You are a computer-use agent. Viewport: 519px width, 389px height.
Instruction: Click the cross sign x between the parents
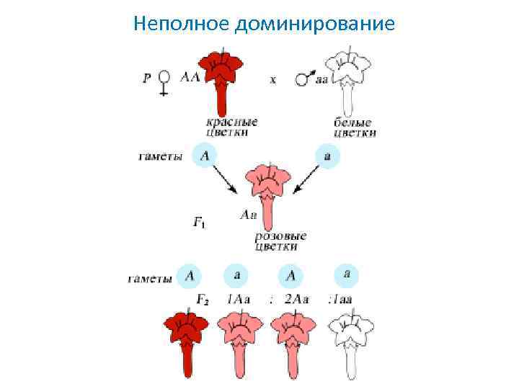[272, 80]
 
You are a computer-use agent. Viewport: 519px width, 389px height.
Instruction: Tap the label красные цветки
[231, 127]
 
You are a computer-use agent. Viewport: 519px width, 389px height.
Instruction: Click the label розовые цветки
[280, 241]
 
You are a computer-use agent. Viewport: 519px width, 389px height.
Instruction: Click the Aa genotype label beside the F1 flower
[248, 215]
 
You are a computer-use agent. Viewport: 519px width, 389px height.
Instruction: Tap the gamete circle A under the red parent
[205, 156]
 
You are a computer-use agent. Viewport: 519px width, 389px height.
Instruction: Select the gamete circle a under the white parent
[328, 156]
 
